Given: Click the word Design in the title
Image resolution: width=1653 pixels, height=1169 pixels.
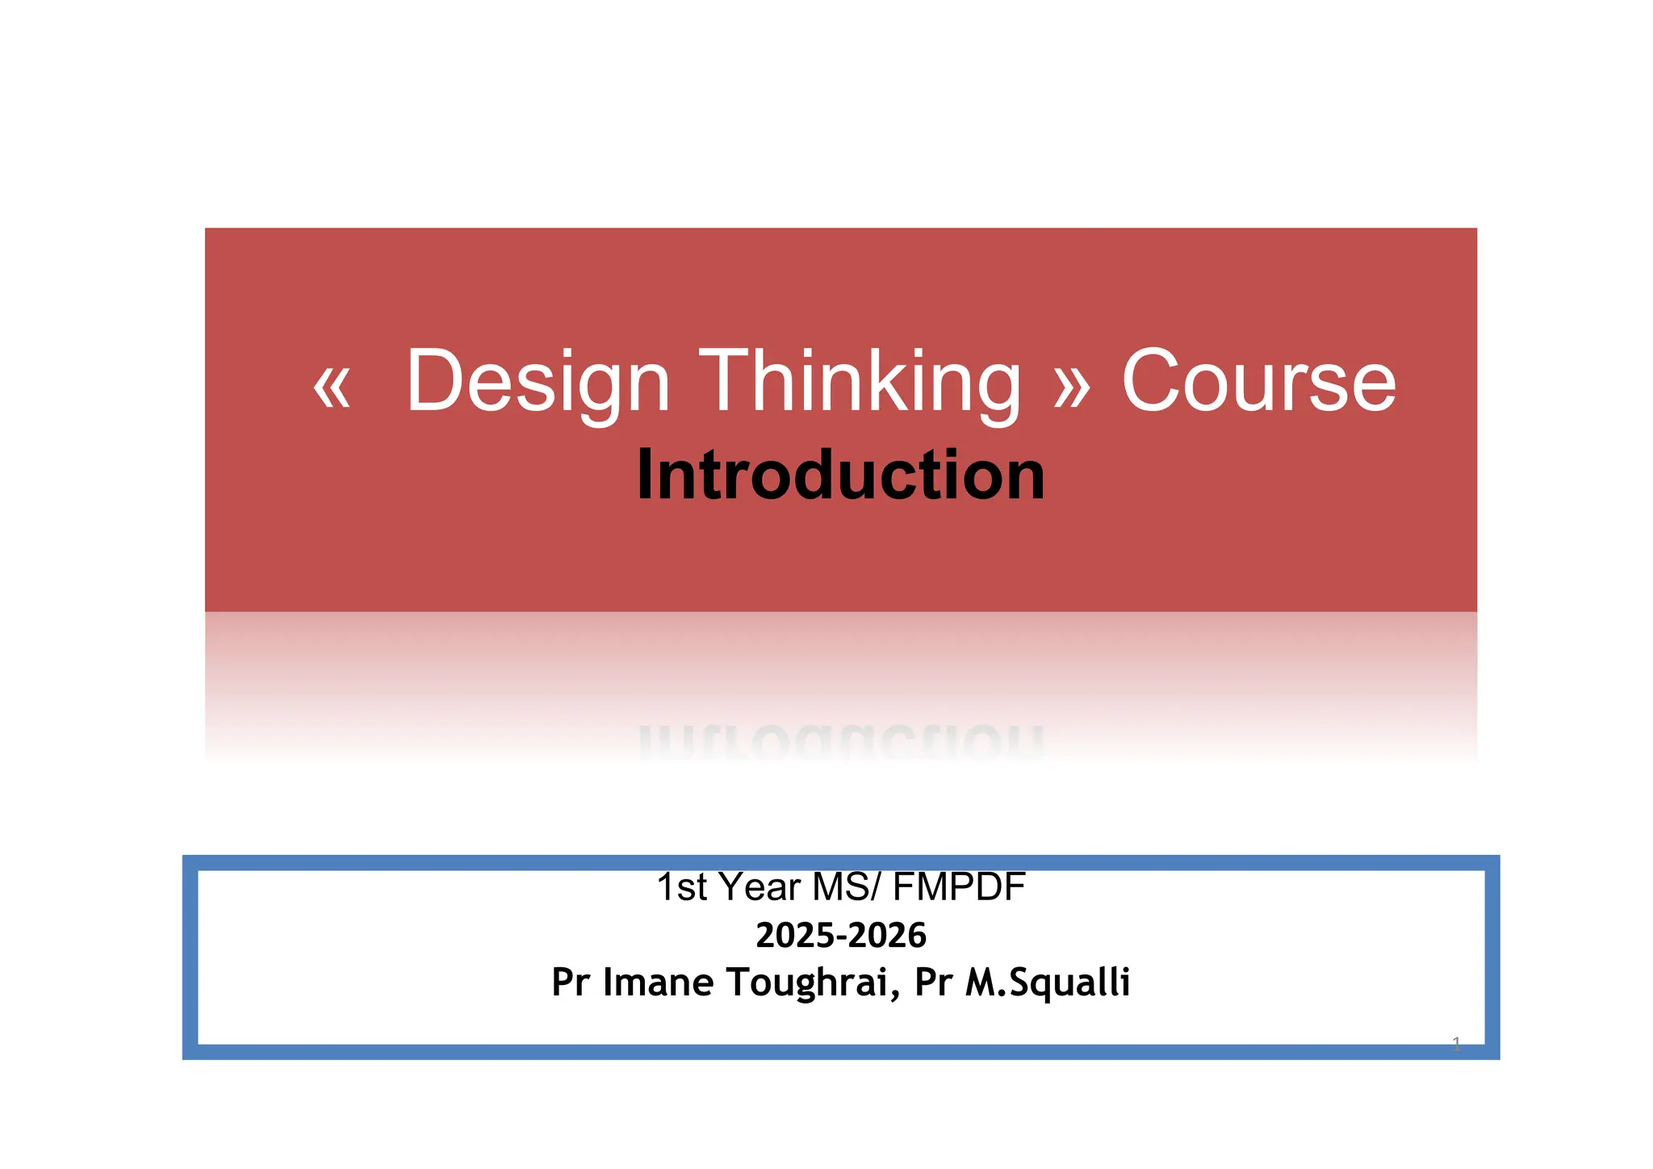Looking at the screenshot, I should click(538, 381).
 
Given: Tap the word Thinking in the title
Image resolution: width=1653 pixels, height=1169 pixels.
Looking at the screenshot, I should click(860, 381).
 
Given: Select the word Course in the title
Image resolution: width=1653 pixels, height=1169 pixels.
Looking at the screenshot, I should click(1258, 381).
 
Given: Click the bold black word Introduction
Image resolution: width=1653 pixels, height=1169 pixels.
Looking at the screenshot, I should click(840, 475).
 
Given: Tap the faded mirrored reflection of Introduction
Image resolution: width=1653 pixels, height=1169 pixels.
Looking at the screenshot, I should click(840, 741).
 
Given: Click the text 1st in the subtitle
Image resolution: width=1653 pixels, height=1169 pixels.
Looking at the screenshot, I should click(681, 886).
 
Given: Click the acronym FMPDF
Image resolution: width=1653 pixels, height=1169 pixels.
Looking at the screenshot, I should click(959, 886).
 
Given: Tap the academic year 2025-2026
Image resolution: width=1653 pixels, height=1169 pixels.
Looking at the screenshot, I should click(840, 935).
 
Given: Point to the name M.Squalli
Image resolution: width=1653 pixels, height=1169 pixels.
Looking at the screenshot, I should click(1048, 983).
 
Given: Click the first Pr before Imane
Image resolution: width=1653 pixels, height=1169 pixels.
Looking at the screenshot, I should click(571, 983).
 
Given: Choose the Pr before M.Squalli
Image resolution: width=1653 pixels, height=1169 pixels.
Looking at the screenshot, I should click(934, 983).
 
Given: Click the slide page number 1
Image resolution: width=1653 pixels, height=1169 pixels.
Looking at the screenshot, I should click(1456, 1045).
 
